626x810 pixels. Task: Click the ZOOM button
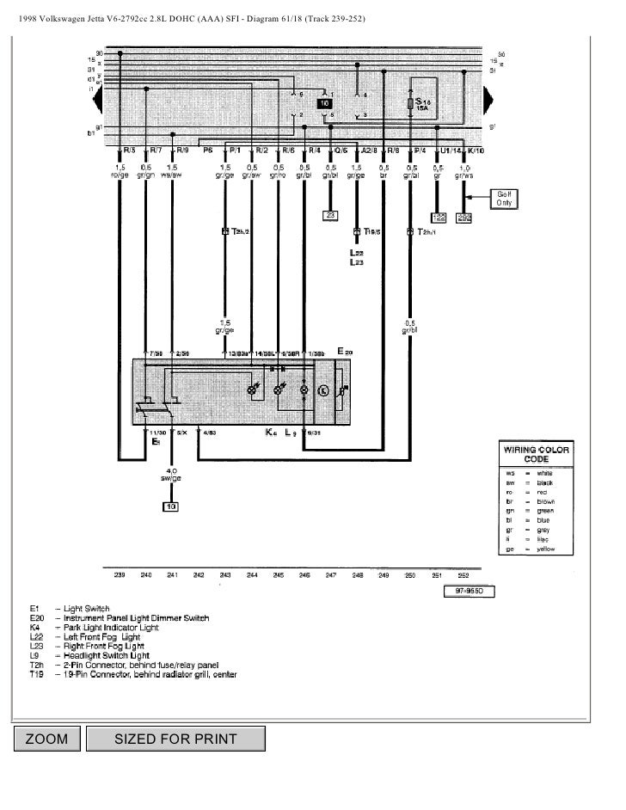(x=46, y=739)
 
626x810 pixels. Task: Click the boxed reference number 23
(x=331, y=216)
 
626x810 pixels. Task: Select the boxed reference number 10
(x=172, y=506)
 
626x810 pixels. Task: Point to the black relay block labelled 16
(x=324, y=103)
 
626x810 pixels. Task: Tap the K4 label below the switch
(x=271, y=433)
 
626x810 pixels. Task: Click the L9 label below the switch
(x=291, y=433)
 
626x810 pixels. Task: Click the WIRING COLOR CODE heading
(x=536, y=454)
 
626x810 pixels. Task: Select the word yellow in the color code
(x=545, y=547)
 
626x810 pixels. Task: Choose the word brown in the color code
(x=545, y=500)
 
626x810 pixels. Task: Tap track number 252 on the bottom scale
(x=464, y=574)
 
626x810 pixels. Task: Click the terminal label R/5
(x=129, y=150)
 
